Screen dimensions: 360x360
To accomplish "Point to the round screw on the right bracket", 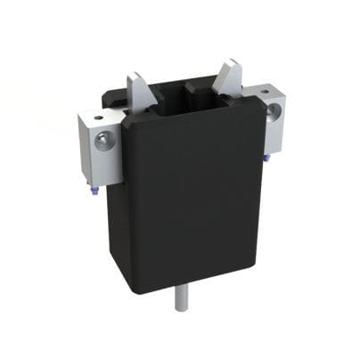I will tap(274, 110).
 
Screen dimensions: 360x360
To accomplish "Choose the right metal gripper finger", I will tap(228, 80).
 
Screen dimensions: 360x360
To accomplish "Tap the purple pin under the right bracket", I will tap(266, 159).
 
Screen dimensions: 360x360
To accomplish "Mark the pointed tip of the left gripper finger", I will tap(134, 74).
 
